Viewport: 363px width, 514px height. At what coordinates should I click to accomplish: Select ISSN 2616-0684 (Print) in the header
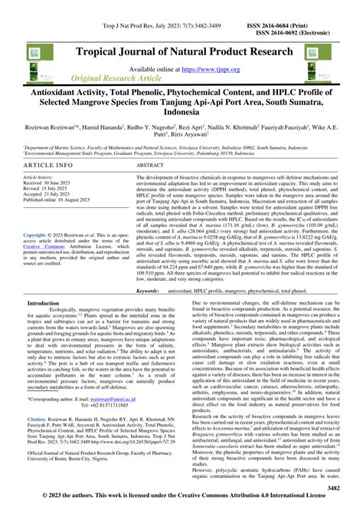point(312,5)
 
